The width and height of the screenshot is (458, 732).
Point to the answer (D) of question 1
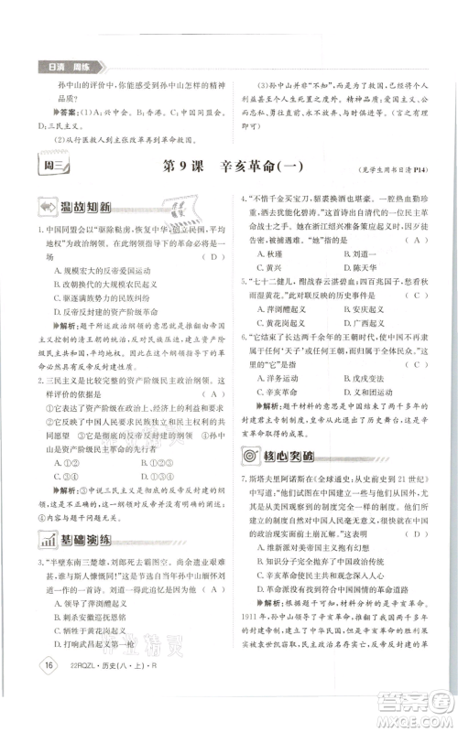[213, 258]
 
